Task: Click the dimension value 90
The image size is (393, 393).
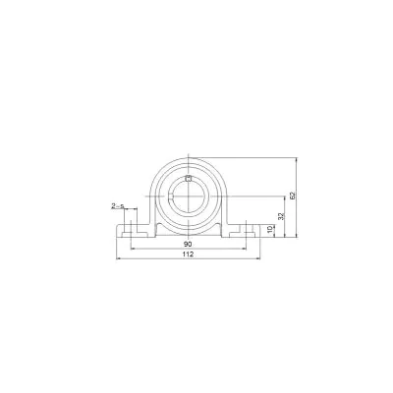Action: pos(188,244)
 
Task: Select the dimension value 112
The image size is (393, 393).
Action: pos(188,254)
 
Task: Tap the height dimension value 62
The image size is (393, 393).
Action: pos(293,196)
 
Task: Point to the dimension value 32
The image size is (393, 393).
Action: pos(281,216)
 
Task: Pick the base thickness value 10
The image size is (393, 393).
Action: pos(270,229)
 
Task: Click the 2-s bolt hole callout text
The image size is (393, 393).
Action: pos(118,206)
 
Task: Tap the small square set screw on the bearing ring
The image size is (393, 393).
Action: pos(188,179)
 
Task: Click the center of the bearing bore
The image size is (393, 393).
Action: pos(189,196)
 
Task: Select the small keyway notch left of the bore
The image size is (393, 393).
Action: pos(171,196)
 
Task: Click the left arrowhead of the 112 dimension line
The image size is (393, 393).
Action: pos(119,258)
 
